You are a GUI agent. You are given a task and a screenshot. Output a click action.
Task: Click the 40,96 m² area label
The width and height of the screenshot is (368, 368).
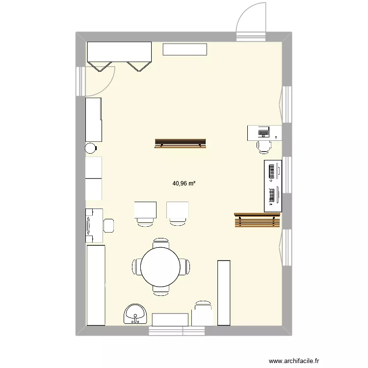184,184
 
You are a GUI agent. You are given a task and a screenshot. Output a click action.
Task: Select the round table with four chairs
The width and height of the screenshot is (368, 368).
161,267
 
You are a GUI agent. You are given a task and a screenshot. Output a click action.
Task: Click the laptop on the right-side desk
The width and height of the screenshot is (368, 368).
263,131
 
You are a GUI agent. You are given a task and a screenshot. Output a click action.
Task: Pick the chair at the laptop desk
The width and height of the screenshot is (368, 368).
263,146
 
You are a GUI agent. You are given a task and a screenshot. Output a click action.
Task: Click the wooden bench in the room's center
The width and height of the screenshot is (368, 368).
180,143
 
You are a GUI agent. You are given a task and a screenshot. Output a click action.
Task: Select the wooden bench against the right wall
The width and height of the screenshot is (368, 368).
257,220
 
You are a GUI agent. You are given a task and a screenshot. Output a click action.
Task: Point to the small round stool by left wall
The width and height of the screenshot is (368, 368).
91,148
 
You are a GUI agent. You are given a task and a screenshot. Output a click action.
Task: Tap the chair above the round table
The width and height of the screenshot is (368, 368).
161,243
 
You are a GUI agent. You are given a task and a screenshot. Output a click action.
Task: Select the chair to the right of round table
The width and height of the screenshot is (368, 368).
185,267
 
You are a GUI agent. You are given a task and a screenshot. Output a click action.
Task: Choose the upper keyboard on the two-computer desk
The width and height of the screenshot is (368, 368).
270,171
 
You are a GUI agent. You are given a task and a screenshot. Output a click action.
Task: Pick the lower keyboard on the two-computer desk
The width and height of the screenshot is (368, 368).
270,196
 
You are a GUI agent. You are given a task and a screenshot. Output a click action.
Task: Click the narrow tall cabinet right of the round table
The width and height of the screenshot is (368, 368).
223,292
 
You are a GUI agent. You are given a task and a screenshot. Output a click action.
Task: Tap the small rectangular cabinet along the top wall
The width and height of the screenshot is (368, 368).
185,49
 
